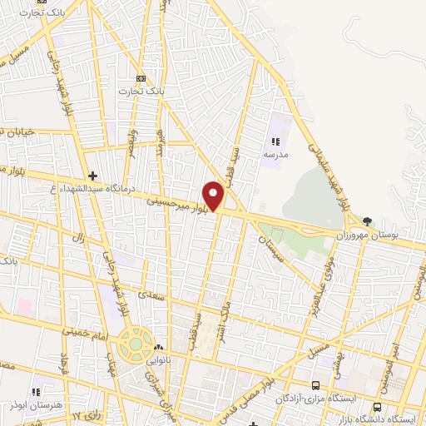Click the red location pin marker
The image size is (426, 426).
tap(214, 196)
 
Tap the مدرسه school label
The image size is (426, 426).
tap(276, 156)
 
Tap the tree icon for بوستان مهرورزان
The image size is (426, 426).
tap(368, 222)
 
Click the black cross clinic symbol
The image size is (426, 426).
tap(92, 176)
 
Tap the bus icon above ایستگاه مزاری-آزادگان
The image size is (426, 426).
tap(315, 385)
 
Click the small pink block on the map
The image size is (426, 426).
tap(22, 305)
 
